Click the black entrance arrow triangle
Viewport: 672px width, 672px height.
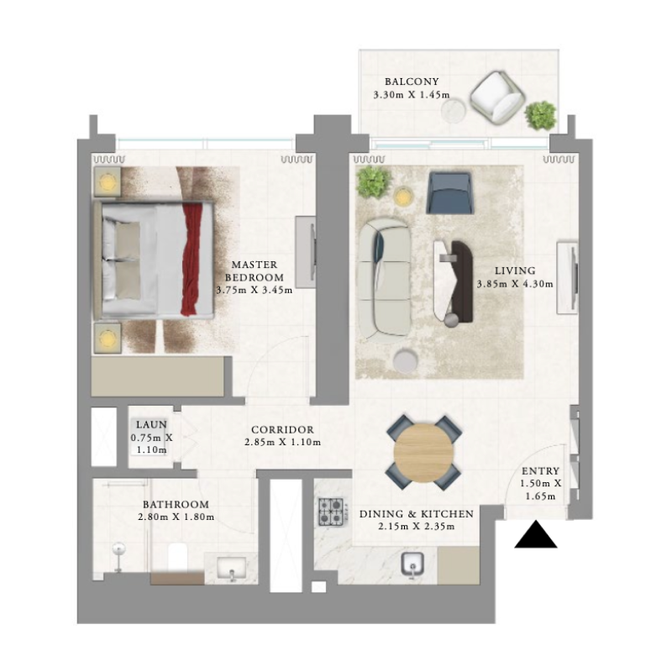pyautogui.click(x=536, y=536)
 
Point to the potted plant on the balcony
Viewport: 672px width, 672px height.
pyautogui.click(x=540, y=114)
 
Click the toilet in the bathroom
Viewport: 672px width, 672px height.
pyautogui.click(x=177, y=556)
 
